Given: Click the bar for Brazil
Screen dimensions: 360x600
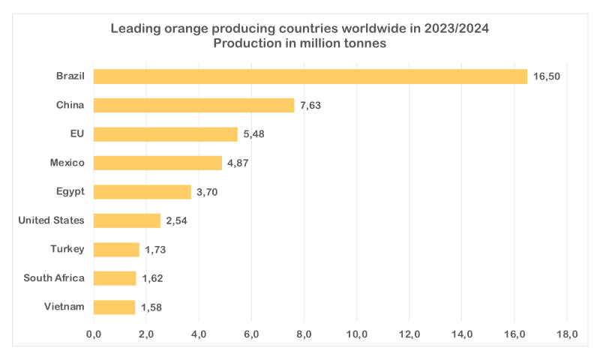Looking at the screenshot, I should click(x=310, y=76).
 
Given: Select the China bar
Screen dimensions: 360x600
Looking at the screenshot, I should click(x=194, y=105).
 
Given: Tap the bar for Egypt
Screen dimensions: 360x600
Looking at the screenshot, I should click(x=142, y=192).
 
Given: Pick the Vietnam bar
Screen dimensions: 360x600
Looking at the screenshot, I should click(x=115, y=307).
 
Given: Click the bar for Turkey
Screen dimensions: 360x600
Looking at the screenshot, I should click(x=116, y=250).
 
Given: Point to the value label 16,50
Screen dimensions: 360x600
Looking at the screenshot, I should click(x=547, y=76).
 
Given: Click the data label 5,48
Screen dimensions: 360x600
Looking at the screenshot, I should click(x=253, y=134).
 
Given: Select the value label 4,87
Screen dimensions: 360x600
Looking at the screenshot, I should click(x=238, y=163).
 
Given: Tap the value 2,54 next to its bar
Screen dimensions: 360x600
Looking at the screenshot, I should click(x=177, y=220).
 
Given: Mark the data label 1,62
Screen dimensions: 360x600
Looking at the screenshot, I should click(x=152, y=278).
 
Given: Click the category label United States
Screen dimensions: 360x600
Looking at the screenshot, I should click(x=51, y=220).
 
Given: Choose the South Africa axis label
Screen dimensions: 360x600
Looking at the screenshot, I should click(x=54, y=277).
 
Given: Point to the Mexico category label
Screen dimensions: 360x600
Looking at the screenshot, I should click(x=67, y=162).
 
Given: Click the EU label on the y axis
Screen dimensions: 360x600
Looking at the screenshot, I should click(x=77, y=133).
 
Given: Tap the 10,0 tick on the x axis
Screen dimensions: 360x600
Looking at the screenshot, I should click(x=356, y=333).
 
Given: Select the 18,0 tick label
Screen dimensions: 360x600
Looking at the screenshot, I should click(x=566, y=333).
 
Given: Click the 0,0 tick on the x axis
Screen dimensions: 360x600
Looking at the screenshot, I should click(x=94, y=333).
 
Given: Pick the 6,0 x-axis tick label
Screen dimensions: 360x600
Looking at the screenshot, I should click(x=251, y=333).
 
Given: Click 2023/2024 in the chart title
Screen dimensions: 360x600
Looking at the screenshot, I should click(x=456, y=28).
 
